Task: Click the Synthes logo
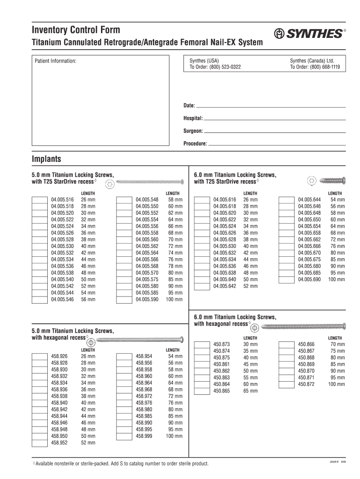309,34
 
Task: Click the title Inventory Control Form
76,30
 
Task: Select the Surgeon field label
193,131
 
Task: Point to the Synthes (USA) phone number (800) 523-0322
215,67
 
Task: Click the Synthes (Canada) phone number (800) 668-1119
315,67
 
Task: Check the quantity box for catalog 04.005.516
40,200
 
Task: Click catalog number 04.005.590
147,299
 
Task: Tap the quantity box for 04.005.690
287,280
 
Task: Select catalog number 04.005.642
225,286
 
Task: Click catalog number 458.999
144,436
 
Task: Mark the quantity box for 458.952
40,443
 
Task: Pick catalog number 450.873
222,344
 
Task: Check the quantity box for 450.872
287,384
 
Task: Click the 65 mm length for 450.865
250,391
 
